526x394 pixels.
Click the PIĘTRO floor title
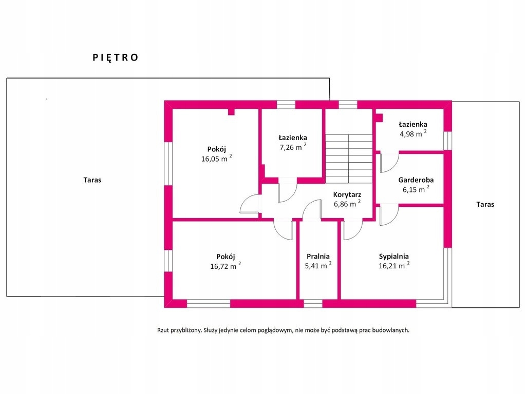tap(116, 57)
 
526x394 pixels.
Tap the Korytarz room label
tap(347, 194)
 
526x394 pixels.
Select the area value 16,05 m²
tap(216, 159)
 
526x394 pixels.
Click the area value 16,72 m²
tap(226, 266)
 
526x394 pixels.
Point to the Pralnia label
tap(318, 257)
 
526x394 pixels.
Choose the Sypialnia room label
tap(394, 257)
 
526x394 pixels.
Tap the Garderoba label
tap(416, 180)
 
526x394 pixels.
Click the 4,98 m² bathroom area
tap(413, 134)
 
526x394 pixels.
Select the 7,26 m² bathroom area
tap(293, 147)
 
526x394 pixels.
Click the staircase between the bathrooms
tap(349, 159)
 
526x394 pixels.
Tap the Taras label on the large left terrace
tap(92, 180)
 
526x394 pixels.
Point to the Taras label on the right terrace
tap(485, 204)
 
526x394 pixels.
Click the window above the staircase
tap(348, 105)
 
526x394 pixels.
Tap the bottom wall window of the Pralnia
tap(313, 304)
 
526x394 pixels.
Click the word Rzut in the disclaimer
tap(163, 330)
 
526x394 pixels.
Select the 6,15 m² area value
tap(416, 190)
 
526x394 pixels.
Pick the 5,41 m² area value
tap(318, 266)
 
